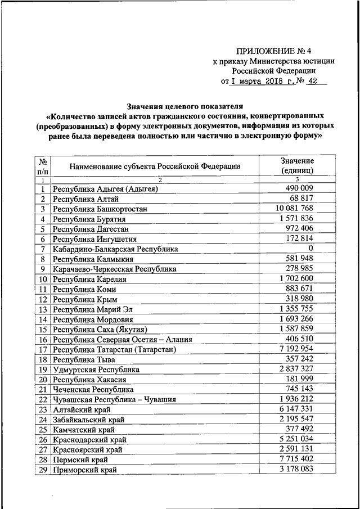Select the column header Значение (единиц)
296,165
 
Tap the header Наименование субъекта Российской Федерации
155,166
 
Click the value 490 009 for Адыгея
299,188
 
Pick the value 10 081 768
295,209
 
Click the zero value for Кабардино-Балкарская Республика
310,249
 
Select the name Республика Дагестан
91,229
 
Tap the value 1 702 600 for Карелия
296,279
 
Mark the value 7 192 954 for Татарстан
296,349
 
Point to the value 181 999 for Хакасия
299,379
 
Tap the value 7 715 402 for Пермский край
296,460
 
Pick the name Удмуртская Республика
96,370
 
